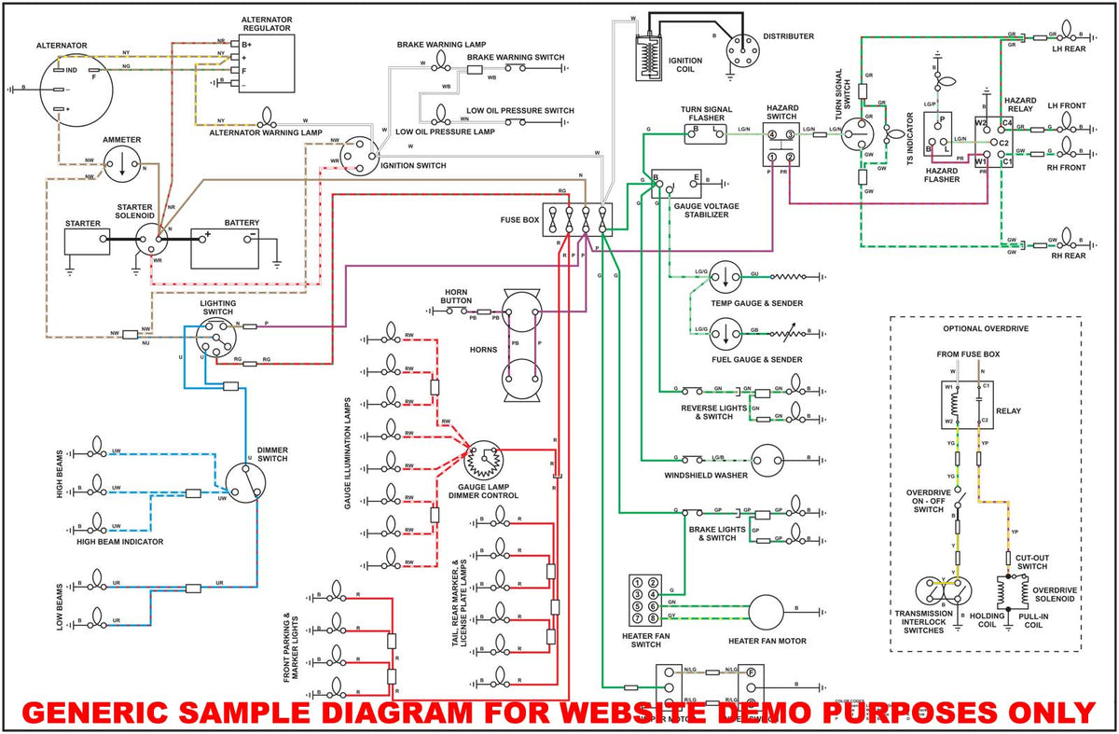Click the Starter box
click(x=87, y=241)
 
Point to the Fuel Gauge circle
click(x=725, y=333)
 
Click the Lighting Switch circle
click(x=217, y=337)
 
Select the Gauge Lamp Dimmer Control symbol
click(x=483, y=460)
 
